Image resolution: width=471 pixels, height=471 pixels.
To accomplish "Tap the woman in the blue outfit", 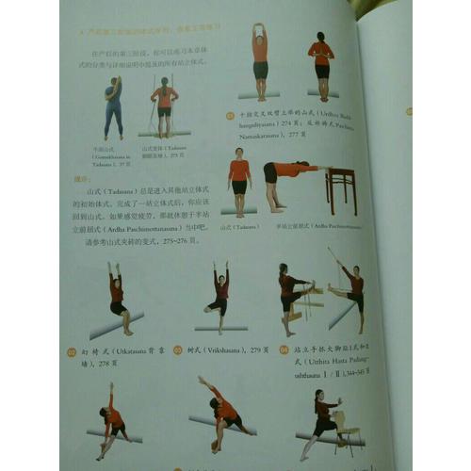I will pyautogui.click(x=113, y=106).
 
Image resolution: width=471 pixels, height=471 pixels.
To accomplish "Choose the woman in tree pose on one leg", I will pyautogui.click(x=219, y=293).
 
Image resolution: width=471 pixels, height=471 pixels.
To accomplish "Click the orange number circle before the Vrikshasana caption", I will pyautogui.click(x=178, y=350).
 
